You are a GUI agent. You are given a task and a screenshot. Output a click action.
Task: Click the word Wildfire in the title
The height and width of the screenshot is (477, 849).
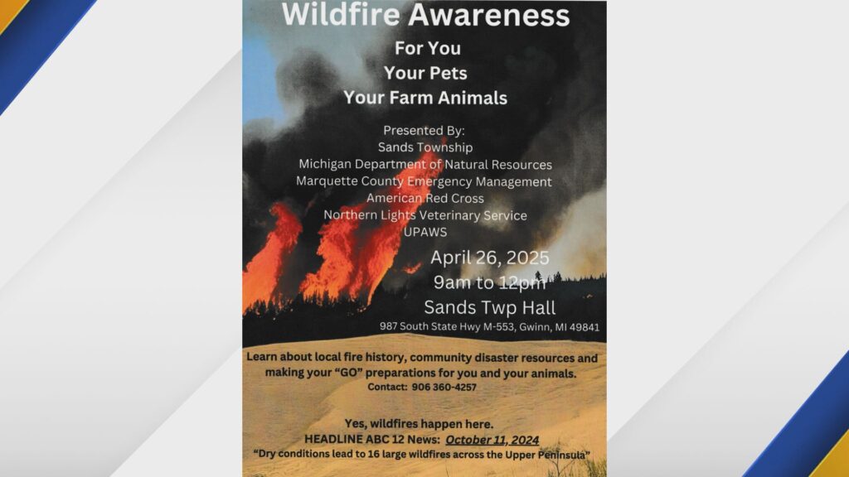click(341, 15)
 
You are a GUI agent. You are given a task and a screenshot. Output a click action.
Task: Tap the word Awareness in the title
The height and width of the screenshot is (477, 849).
click(489, 15)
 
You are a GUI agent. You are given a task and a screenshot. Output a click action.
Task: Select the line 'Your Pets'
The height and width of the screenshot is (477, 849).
click(425, 73)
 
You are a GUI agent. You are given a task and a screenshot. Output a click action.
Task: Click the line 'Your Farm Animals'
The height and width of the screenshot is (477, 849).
click(425, 98)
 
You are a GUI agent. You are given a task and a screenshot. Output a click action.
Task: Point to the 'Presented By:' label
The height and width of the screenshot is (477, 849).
click(424, 130)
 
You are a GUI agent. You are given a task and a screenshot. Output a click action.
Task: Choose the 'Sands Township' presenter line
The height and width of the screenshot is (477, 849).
click(425, 147)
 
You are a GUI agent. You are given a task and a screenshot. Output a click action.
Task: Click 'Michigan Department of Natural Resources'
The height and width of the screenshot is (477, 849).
click(425, 165)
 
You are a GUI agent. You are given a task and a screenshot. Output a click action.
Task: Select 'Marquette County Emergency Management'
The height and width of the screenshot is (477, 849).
click(424, 181)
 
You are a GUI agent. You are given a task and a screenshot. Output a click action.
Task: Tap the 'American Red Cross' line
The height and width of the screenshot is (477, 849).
click(425, 199)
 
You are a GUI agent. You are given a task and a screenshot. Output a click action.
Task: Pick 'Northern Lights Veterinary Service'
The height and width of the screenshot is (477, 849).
click(425, 215)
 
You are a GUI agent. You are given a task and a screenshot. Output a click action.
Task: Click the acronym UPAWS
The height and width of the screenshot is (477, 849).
click(425, 232)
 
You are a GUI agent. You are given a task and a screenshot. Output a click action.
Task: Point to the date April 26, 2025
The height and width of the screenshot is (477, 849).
click(489, 258)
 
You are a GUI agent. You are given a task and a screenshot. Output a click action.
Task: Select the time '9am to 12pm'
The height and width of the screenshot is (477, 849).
click(489, 283)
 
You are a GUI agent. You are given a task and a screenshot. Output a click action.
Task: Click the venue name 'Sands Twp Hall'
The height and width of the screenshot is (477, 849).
click(489, 307)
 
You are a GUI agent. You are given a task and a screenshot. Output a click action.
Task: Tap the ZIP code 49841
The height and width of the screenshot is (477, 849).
click(584, 326)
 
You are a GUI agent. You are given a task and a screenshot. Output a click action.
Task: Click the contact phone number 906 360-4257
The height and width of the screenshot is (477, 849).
click(444, 388)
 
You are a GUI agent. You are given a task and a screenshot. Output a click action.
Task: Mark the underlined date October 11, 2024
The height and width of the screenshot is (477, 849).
click(492, 441)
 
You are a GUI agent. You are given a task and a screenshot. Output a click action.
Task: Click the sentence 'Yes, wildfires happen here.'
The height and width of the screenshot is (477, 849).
click(419, 424)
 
